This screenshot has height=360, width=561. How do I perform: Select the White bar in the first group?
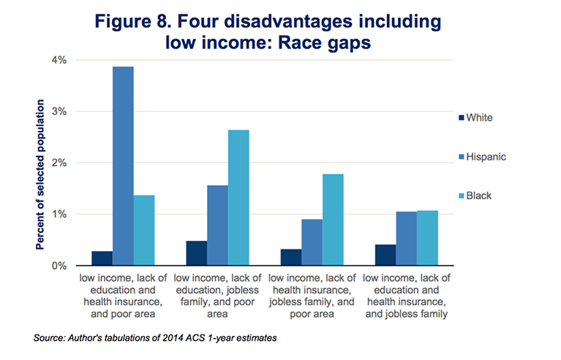coord(102,258)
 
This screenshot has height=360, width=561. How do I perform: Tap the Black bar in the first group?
coord(144,230)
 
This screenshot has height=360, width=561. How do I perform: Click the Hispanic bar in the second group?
coord(218,225)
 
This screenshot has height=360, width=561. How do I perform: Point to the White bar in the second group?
coord(197,253)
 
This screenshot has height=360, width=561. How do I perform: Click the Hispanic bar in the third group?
coord(312,242)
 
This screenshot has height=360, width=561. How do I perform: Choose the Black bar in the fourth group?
coord(427,238)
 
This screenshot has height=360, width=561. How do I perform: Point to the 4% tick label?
coord(59,60)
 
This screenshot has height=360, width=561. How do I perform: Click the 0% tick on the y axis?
coord(59,266)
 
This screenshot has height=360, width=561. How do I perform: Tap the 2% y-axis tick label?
coord(59,163)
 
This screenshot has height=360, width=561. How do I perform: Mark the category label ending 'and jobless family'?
coord(406,296)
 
